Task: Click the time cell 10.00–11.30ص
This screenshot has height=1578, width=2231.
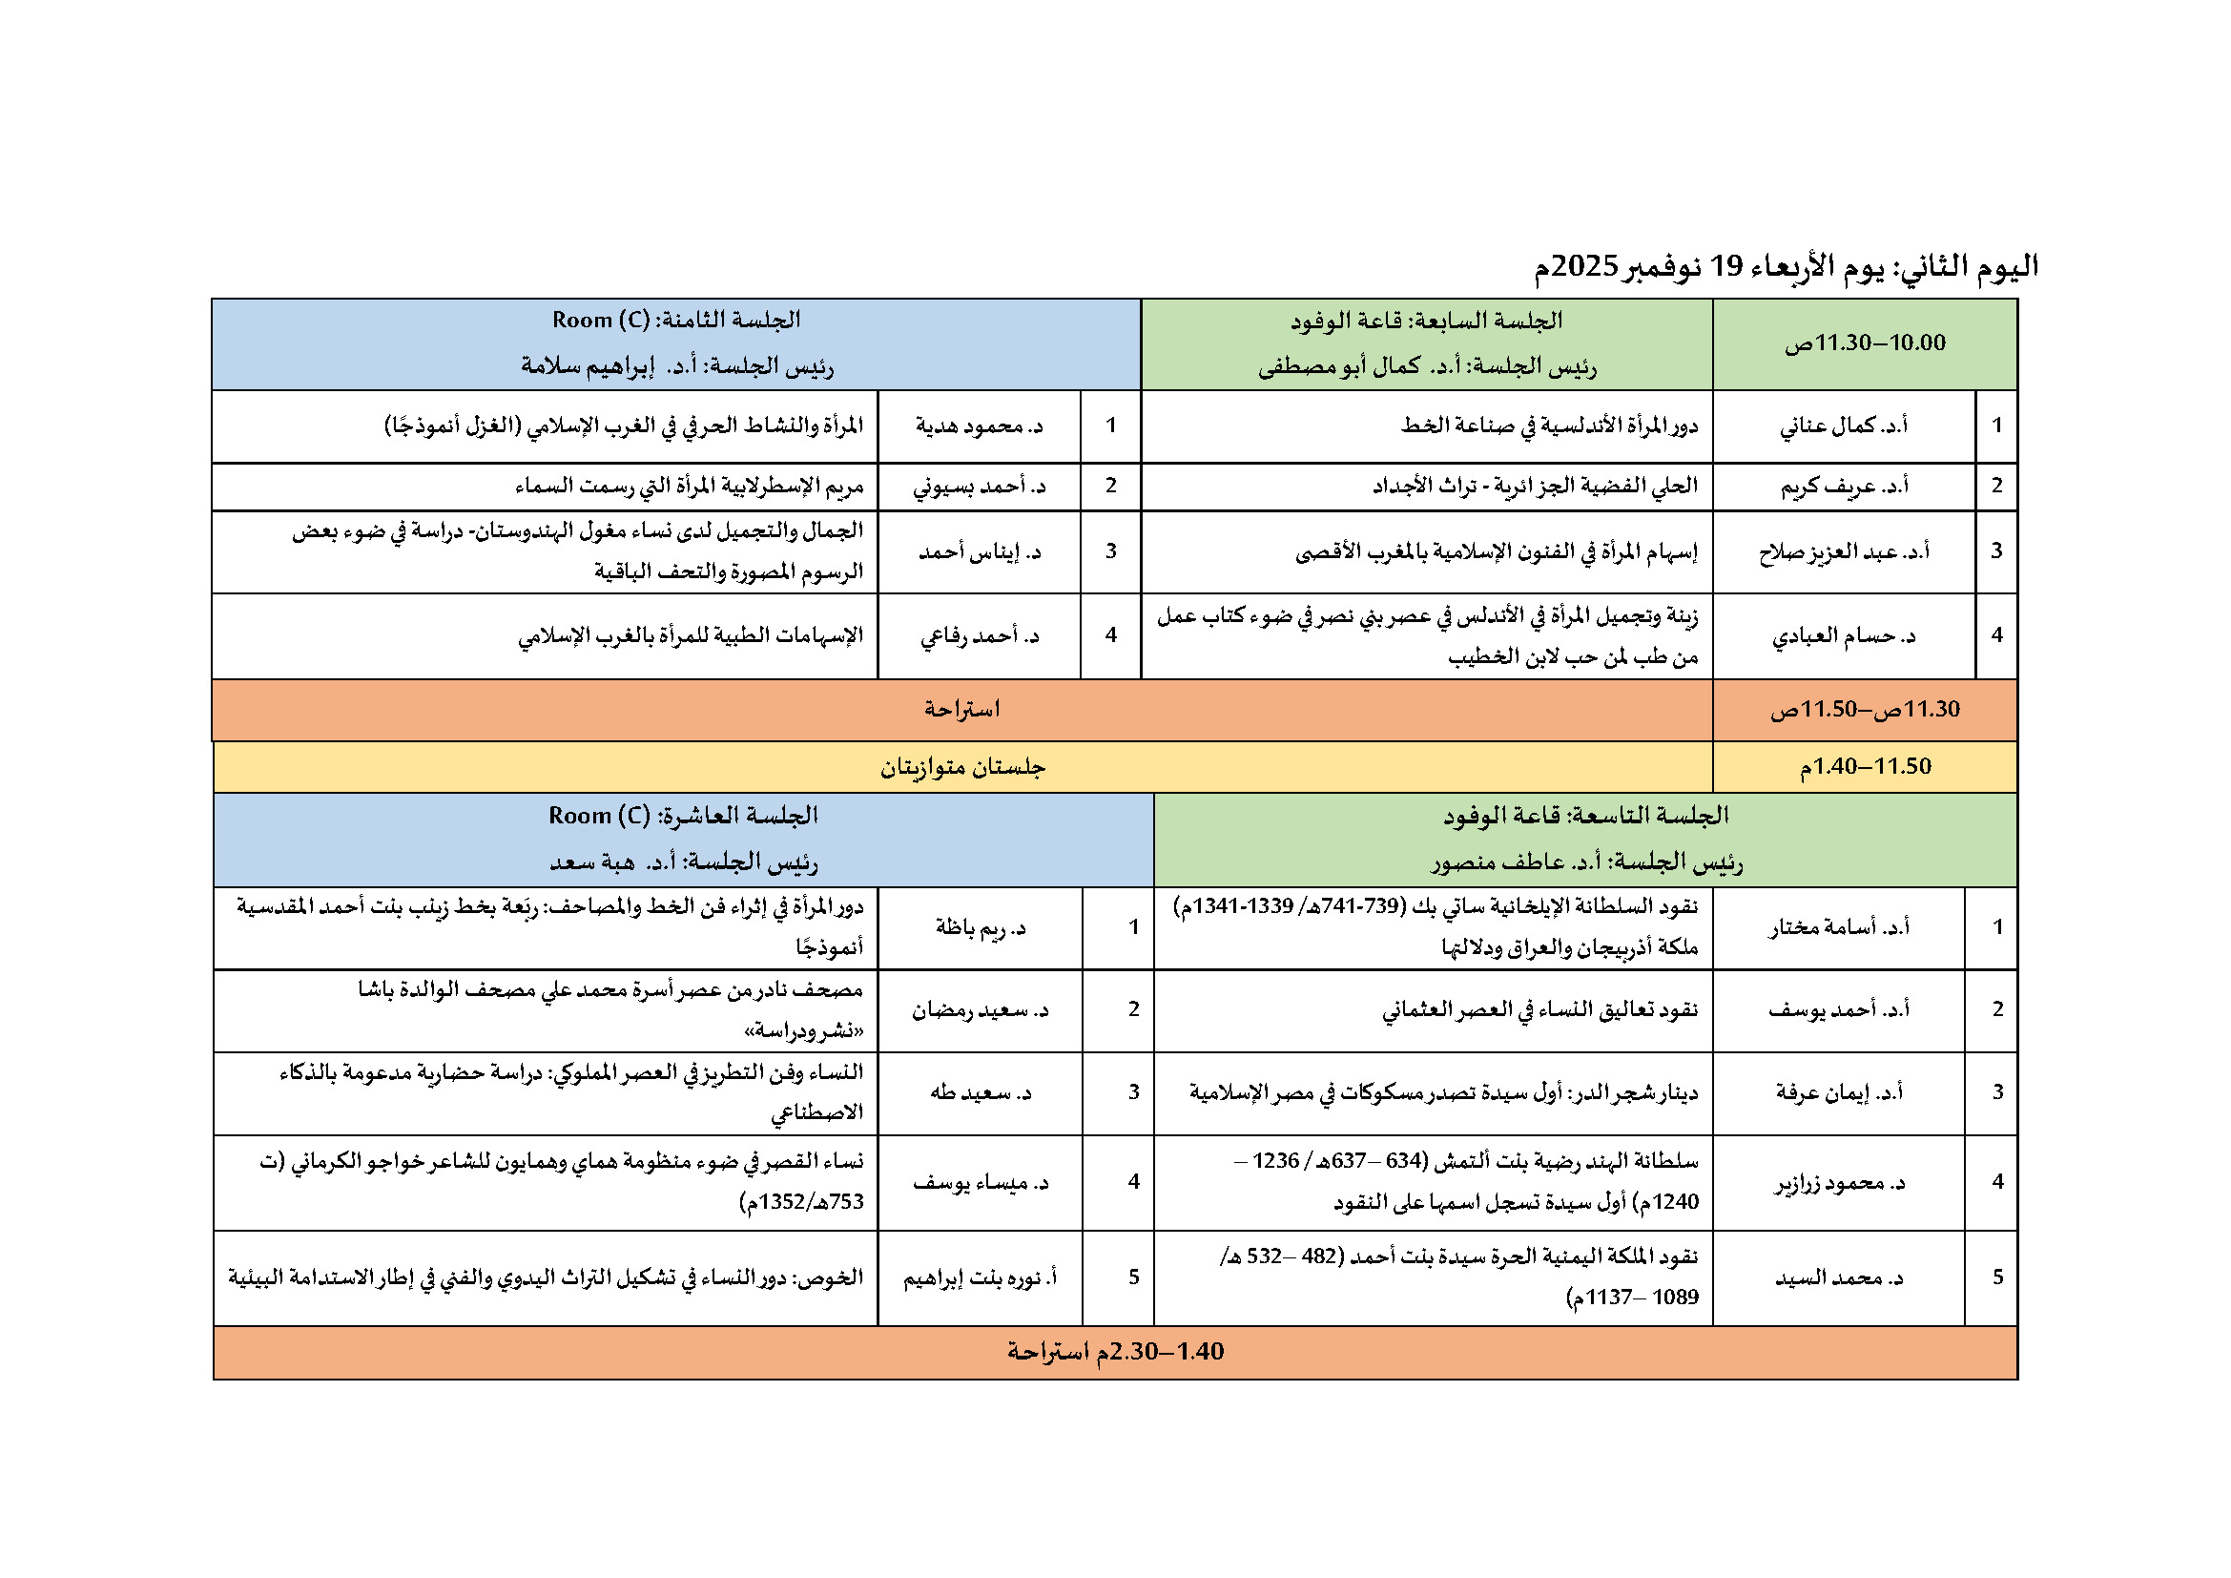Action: pos(1864,343)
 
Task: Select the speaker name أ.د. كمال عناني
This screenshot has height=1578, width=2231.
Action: pos(1844,426)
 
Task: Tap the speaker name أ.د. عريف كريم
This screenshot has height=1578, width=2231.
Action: pos(1844,486)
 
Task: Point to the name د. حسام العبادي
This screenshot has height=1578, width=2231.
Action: pos(1844,636)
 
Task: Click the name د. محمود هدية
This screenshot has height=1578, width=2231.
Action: pos(979,426)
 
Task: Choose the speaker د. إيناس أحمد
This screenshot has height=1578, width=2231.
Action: pos(979,551)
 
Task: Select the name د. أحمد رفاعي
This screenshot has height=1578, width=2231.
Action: pos(979,636)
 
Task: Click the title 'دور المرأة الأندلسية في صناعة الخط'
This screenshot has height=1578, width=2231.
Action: pos(1549,426)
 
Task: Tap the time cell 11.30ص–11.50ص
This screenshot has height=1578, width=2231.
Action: pos(1864,709)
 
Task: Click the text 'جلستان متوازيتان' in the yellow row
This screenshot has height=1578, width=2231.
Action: pos(962,768)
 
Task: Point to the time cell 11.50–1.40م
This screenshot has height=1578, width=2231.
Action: pos(1864,767)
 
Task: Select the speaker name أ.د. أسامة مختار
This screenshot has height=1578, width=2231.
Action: pos(1838,927)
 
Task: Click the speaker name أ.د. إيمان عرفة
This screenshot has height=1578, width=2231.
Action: pos(1838,1092)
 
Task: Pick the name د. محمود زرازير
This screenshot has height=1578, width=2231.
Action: pos(1838,1182)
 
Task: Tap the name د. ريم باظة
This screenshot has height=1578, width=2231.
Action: pos(980,927)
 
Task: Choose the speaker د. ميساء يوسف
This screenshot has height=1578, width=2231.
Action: pos(980,1182)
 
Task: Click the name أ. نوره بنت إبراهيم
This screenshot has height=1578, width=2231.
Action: pos(980,1277)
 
